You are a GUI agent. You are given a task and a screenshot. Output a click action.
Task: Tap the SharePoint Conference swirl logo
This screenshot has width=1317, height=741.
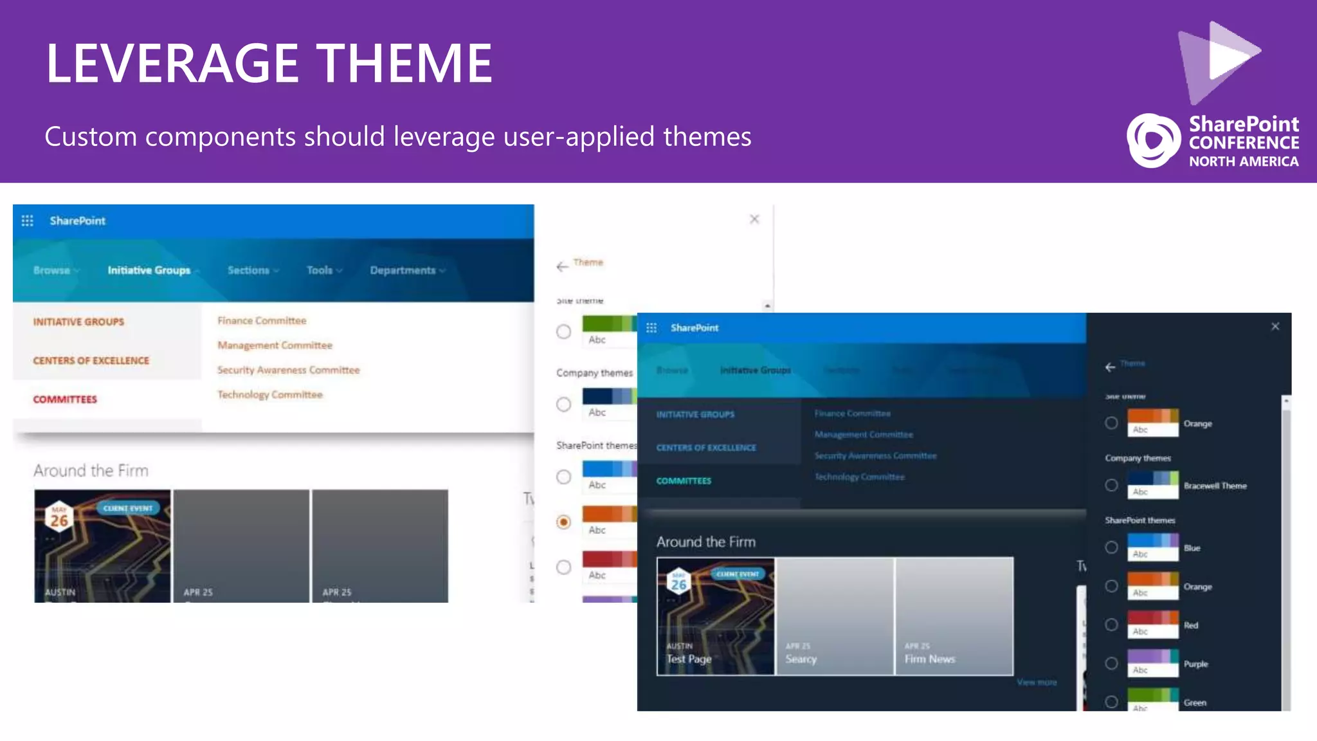point(1153,140)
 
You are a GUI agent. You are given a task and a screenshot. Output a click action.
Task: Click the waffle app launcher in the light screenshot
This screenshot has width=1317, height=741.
point(27,221)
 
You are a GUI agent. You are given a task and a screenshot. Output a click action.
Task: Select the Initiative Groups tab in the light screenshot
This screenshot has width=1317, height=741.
point(149,270)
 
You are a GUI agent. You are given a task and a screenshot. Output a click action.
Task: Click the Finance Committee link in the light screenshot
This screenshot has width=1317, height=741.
point(262,320)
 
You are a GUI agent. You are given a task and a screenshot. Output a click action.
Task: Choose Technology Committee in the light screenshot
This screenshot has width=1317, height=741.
point(269,394)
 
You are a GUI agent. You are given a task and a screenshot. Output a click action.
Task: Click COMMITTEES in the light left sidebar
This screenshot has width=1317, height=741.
point(65,399)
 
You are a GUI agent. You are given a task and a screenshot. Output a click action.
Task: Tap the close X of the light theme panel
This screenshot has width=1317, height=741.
point(754,219)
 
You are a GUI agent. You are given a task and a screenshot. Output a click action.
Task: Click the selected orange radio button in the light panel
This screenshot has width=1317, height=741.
point(563,522)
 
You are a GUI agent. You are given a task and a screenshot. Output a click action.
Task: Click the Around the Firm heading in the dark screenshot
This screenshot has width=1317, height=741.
point(705,542)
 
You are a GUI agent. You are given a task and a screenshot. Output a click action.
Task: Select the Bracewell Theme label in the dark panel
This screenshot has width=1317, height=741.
point(1215,486)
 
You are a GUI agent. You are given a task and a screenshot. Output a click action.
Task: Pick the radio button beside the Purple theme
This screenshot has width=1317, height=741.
point(1111,663)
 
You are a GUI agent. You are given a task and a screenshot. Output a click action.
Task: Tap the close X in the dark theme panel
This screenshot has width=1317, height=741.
point(1275,327)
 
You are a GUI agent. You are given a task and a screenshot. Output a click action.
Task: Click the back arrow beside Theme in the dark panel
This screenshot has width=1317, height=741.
point(1110,367)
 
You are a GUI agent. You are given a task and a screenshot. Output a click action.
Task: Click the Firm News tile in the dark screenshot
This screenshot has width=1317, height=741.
point(954,616)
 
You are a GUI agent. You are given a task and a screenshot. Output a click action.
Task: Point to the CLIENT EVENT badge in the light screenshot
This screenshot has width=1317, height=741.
point(127,508)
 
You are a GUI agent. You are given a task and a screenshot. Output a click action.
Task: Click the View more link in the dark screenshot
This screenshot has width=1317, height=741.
point(1037,682)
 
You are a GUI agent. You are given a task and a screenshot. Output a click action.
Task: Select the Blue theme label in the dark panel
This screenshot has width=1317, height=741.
point(1192,548)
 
